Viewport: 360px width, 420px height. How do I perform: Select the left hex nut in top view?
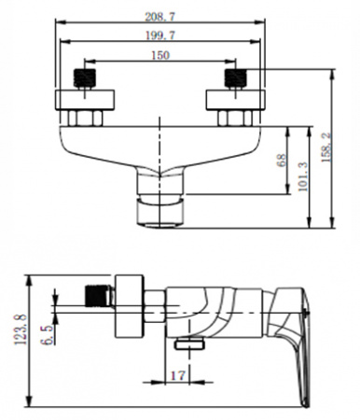click(x=87, y=118)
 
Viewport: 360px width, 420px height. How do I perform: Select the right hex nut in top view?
click(x=232, y=118)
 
